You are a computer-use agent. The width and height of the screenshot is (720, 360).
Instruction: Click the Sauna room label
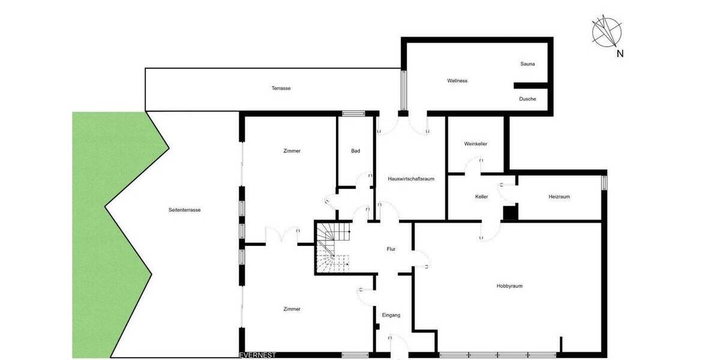pos(527,64)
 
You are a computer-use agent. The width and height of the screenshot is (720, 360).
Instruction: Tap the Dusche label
pos(527,99)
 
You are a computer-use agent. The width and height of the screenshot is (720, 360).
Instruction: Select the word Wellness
pos(457,80)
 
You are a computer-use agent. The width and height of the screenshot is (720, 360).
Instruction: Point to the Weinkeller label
pos(475,144)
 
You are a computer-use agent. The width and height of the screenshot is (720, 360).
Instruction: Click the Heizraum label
pos(559,197)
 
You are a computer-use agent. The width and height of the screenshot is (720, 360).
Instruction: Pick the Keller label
pos(481,197)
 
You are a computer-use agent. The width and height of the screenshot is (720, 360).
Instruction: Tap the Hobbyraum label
pos(509,286)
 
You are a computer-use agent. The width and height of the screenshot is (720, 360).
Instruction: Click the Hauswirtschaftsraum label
pos(411,179)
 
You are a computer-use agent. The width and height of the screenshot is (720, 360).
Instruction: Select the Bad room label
pos(356,151)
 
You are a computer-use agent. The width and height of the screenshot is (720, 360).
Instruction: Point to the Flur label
pos(391,249)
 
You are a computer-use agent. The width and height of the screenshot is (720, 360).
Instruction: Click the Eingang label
pos(391,315)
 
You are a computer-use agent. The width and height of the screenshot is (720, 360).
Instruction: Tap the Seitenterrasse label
pos(185,210)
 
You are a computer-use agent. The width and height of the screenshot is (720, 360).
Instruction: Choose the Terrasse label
pos(281,88)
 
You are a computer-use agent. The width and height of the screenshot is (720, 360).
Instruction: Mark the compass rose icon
pos(607,32)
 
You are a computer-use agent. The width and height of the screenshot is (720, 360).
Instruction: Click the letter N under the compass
pos(620,53)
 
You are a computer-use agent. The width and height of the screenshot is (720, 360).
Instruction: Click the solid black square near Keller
pos(510,212)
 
